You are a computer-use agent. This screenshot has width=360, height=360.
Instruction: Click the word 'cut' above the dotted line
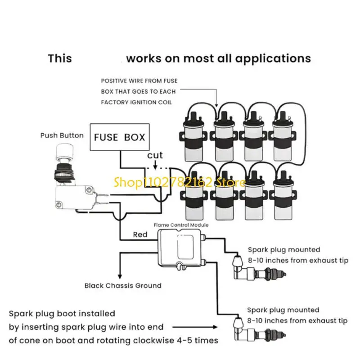point(155,155)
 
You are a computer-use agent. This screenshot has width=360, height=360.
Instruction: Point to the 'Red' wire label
point(140,234)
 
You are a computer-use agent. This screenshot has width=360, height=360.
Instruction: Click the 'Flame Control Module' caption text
point(181,225)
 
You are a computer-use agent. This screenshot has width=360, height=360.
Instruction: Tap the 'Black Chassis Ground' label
point(123,286)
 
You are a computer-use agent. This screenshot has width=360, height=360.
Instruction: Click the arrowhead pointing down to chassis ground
point(120,276)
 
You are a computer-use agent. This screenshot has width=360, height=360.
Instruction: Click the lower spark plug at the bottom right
point(260,329)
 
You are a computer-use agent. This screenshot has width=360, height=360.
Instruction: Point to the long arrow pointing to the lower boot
point(195,327)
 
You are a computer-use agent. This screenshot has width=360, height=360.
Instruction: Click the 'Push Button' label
point(62,135)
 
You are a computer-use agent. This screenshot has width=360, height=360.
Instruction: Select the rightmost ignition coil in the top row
point(283,136)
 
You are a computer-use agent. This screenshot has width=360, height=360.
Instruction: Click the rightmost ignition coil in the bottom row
point(283,196)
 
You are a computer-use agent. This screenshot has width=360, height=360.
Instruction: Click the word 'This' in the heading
point(60,58)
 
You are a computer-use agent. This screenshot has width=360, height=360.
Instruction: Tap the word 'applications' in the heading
point(273,59)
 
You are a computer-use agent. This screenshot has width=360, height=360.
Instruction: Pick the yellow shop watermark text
point(180,183)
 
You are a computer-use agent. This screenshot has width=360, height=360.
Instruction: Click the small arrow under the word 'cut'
point(155,165)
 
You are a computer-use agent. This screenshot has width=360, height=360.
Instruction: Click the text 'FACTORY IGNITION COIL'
point(136,103)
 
